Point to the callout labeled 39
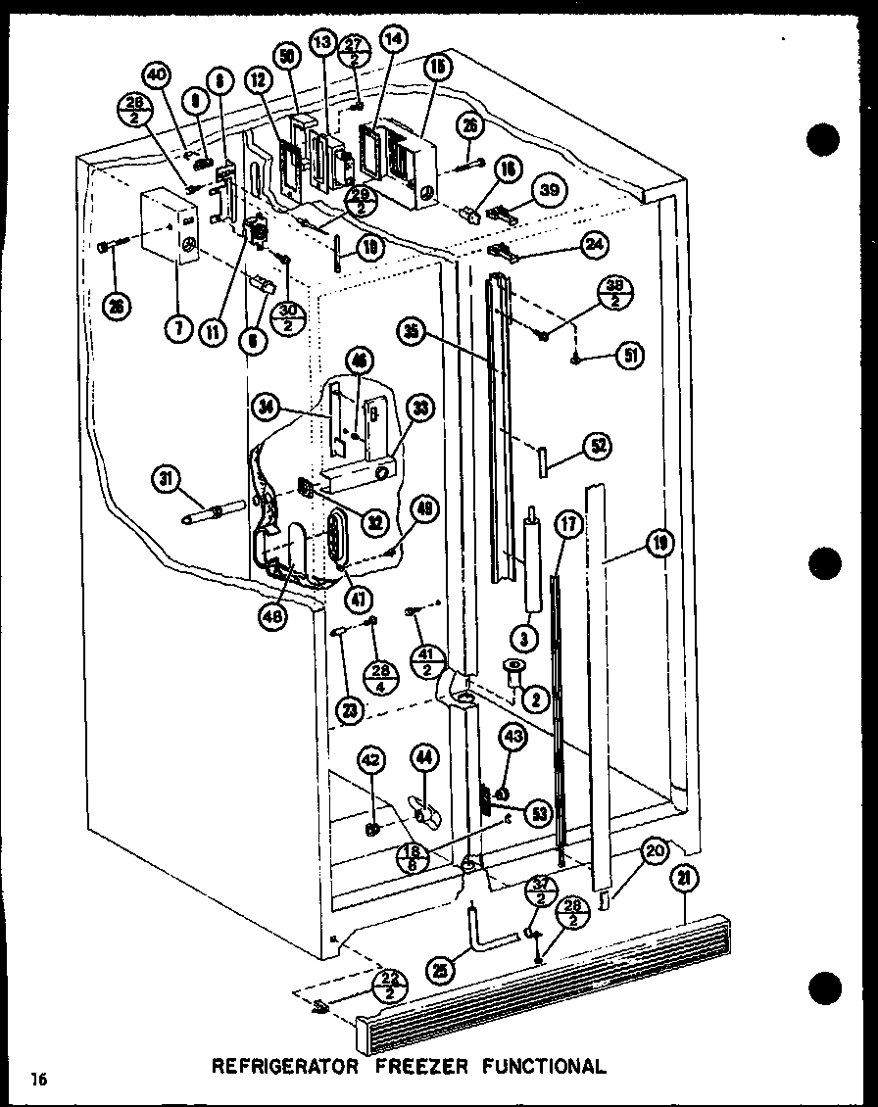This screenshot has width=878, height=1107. [549, 190]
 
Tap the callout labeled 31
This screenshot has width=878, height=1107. [167, 480]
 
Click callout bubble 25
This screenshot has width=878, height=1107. [441, 971]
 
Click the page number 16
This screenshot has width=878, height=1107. [38, 1080]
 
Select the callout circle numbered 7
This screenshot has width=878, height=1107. [177, 330]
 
